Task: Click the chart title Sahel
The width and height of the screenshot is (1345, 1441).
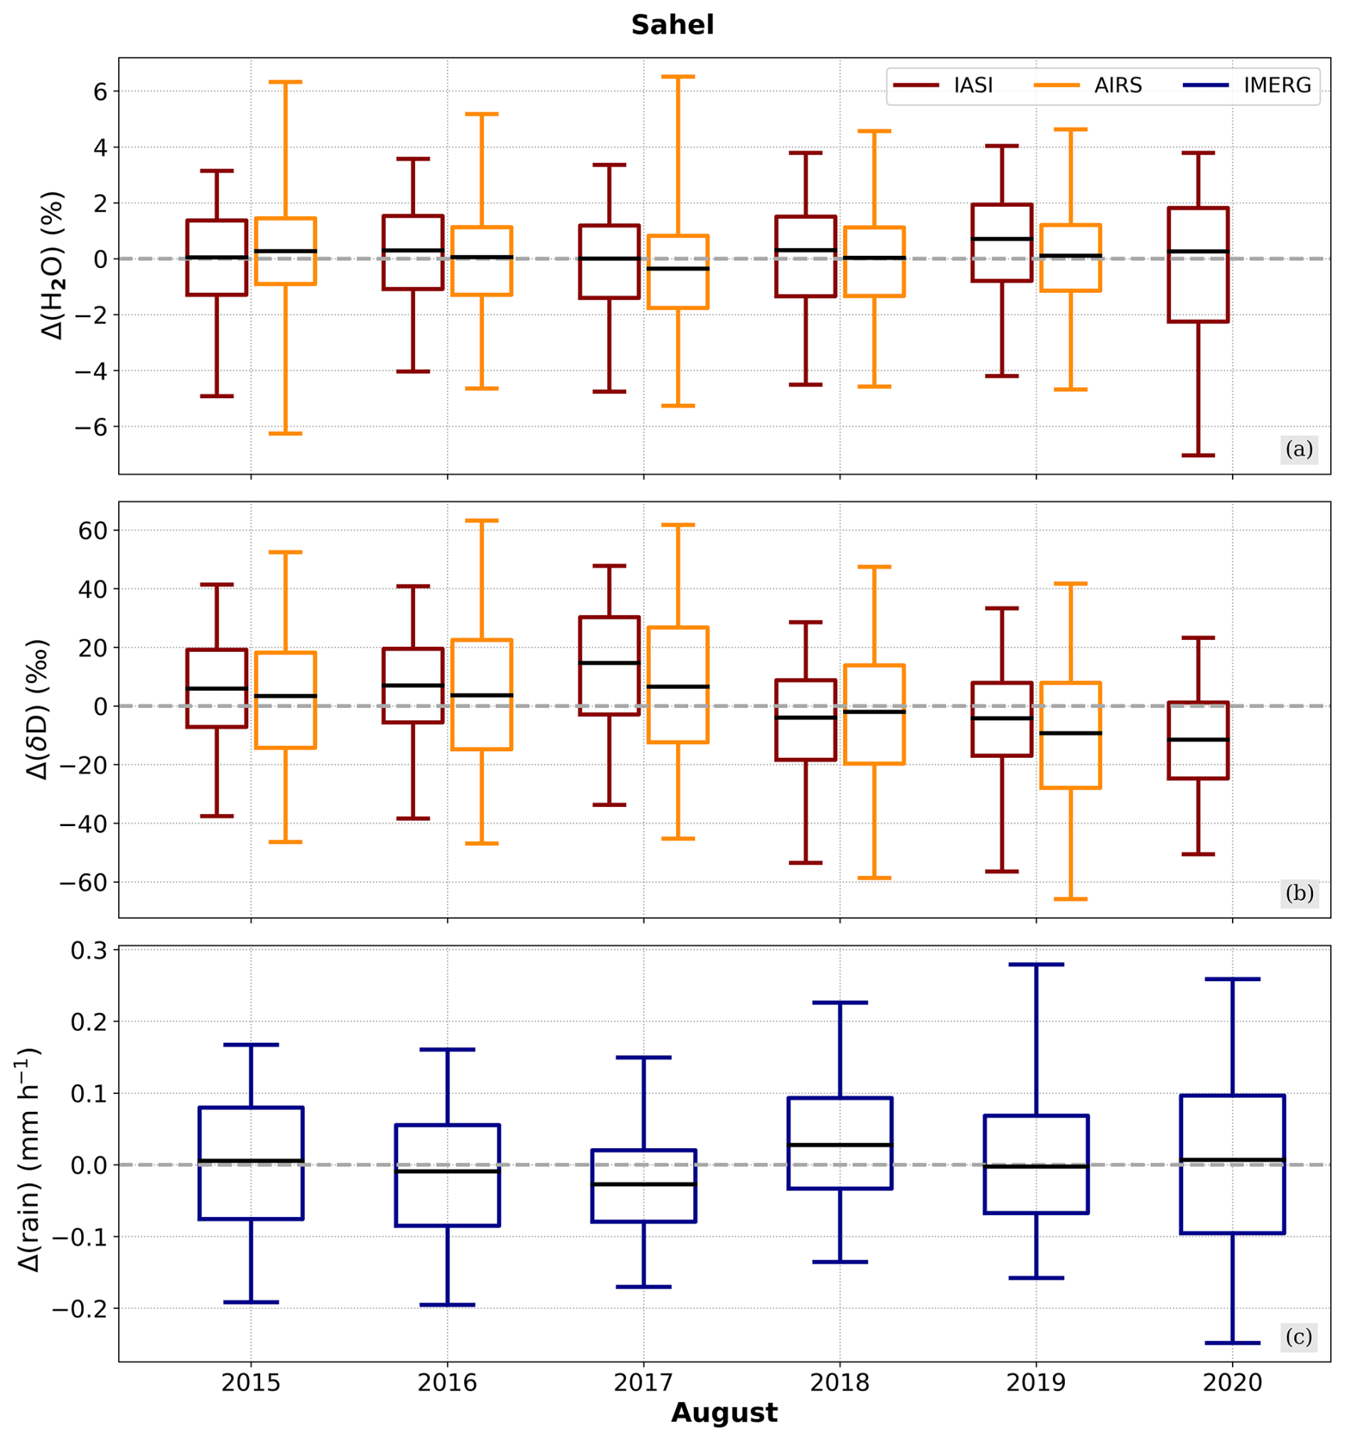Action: pyautogui.click(x=672, y=26)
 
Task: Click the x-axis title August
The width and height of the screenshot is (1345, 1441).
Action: pyautogui.click(x=724, y=1413)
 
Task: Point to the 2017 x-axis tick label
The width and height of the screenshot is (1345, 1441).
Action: pyautogui.click(x=643, y=1382)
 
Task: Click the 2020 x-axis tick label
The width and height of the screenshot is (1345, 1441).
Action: pyautogui.click(x=1232, y=1382)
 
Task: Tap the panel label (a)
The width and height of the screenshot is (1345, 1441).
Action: pyautogui.click(x=1299, y=449)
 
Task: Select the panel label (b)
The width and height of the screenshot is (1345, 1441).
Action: pyautogui.click(x=1299, y=893)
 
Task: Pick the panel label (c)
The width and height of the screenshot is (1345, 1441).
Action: pyautogui.click(x=1299, y=1336)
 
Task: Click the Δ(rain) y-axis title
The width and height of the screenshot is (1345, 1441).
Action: pyautogui.click(x=29, y=1159)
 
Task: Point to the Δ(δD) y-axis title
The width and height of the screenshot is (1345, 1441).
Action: pyautogui.click(x=36, y=709)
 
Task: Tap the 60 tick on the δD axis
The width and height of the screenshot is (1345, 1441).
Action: pyautogui.click(x=92, y=530)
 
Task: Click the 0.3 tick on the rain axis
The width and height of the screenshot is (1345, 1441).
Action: pyautogui.click(x=88, y=950)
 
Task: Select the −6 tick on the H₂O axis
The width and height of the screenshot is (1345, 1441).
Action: pyautogui.click(x=90, y=427)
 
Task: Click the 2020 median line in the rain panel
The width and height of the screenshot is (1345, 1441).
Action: pyautogui.click(x=1232, y=1160)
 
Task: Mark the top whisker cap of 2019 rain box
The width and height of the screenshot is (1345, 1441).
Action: pyautogui.click(x=1036, y=965)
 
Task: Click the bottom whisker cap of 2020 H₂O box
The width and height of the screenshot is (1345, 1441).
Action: pyautogui.click(x=1198, y=455)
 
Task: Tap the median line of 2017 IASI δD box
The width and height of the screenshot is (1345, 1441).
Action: pyautogui.click(x=609, y=663)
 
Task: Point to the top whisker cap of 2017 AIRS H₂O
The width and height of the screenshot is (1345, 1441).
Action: pyautogui.click(x=677, y=76)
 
